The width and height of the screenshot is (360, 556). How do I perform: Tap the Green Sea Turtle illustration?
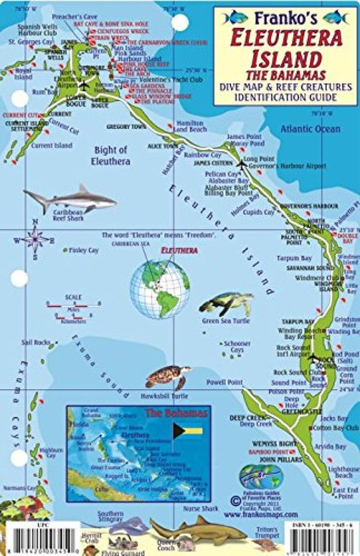click(226, 304)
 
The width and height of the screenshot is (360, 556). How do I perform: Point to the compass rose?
click(35, 238)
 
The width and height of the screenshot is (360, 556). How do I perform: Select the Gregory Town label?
click(126, 126)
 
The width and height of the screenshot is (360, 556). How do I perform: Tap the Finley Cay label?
click(84, 250)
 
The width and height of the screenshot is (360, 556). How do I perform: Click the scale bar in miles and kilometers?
click(73, 306)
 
